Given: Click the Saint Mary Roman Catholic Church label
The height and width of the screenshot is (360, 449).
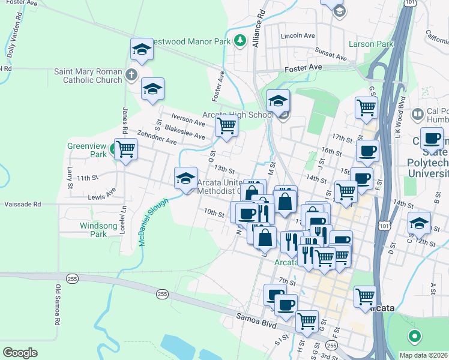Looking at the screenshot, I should pyautogui.click(x=88, y=76).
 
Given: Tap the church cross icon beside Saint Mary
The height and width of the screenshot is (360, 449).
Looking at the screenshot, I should pyautogui.click(x=131, y=76).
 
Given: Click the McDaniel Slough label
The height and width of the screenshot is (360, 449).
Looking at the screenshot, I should pyautogui.click(x=152, y=222).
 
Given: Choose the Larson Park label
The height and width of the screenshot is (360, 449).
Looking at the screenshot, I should pyautogui.click(x=370, y=44).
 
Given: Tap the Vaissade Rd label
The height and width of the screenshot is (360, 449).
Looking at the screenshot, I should pyautogui.click(x=20, y=205).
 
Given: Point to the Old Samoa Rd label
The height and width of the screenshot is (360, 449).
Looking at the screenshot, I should pyautogui.click(x=59, y=305).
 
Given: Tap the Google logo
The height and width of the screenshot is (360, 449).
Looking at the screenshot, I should pyautogui.click(x=20, y=352).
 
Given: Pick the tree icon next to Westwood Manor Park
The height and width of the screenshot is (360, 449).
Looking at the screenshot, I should pyautogui.click(x=240, y=41).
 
